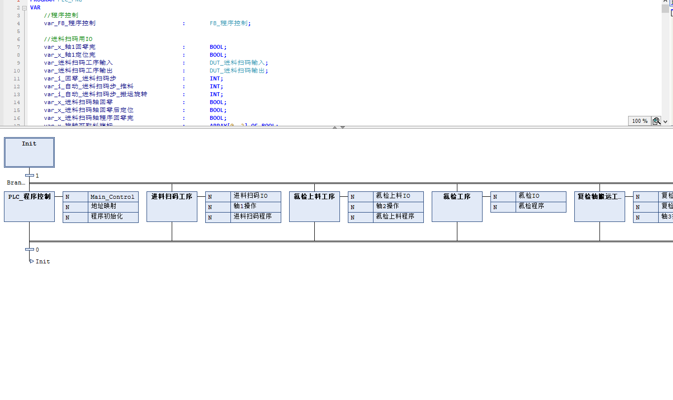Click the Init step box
(x=29, y=152)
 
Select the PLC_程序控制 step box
(x=29, y=206)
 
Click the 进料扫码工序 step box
(x=172, y=206)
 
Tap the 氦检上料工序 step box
(x=314, y=206)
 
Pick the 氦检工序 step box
(x=457, y=206)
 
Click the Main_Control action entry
(x=112, y=197)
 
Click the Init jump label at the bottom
(x=42, y=261)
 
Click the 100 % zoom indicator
(x=639, y=121)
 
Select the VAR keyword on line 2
(x=35, y=7)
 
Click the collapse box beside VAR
(x=24, y=7)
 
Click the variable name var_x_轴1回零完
(x=70, y=47)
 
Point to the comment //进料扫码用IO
(x=68, y=39)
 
